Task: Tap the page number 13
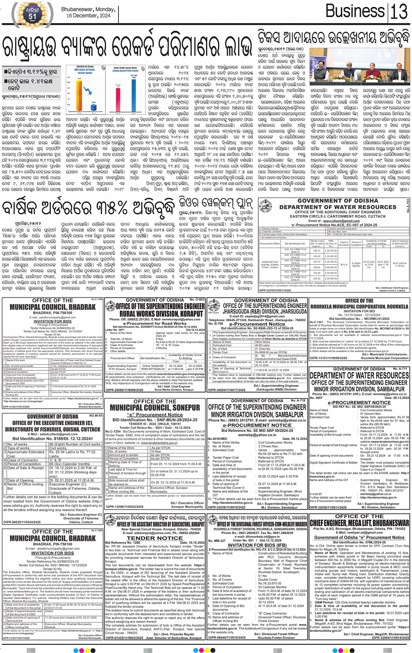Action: coord(399,11)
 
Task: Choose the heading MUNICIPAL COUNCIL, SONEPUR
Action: coord(155,408)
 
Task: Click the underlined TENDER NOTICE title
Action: coord(155,538)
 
